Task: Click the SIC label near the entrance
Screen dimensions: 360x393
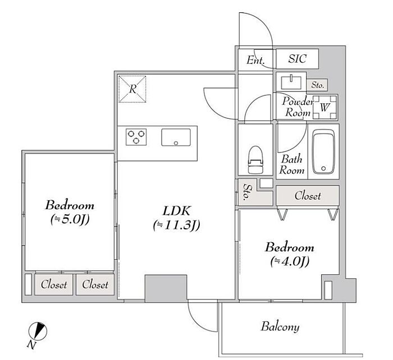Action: [x=298, y=59]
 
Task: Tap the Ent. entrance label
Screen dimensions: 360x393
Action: [x=256, y=59]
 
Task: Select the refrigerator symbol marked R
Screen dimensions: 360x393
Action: [x=133, y=89]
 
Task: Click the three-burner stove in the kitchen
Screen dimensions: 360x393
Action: [x=136, y=137]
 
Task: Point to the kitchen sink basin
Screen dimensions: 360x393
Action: [x=176, y=137]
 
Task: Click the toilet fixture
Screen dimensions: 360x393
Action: [x=255, y=160]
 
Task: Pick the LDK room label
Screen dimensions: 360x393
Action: [x=177, y=211]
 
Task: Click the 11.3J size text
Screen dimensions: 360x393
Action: [x=177, y=225]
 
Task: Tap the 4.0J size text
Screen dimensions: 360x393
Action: [x=290, y=260]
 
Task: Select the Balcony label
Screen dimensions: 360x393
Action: [x=280, y=326]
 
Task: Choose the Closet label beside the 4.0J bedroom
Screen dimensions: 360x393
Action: [x=307, y=196]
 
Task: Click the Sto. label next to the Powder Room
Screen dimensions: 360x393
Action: [x=318, y=85]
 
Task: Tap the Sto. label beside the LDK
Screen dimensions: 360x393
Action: [x=247, y=192]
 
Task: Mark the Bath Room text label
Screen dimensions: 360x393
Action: [x=292, y=164]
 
